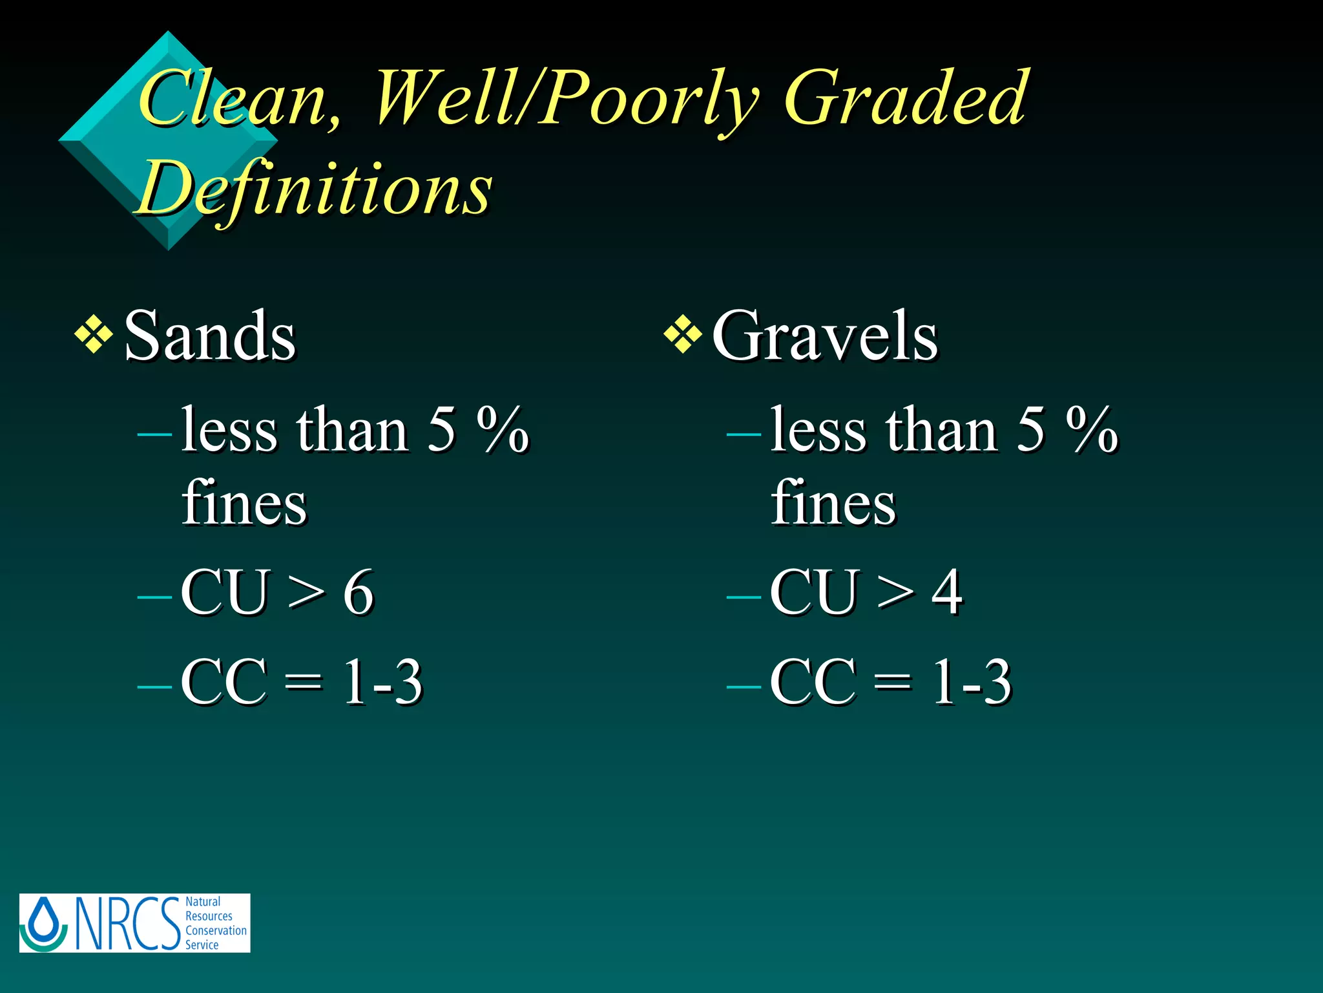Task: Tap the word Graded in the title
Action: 904,98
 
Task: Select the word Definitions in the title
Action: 314,187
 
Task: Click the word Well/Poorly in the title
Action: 565,98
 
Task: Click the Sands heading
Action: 209,336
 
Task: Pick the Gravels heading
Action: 824,336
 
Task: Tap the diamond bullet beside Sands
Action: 94,335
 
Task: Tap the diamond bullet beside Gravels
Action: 683,335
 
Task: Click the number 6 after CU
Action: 359,592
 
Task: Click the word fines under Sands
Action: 244,503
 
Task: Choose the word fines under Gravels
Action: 833,503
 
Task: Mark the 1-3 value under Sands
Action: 382,681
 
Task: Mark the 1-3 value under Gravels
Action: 971,681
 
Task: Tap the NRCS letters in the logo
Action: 128,923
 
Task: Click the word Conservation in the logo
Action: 216,930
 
